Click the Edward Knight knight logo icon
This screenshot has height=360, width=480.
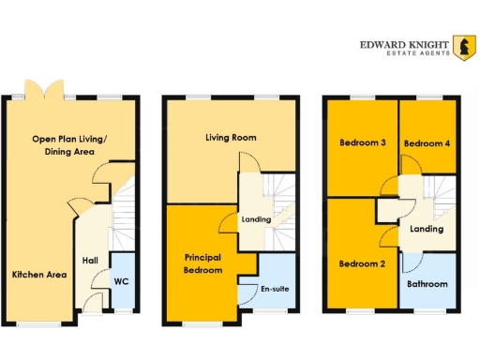462,46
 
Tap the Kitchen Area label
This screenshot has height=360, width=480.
38,275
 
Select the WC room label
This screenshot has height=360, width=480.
121,280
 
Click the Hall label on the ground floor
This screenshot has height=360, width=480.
90,261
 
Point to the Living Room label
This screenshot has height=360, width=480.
231,138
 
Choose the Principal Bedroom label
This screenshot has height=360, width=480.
203,263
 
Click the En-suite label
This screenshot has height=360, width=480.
275,288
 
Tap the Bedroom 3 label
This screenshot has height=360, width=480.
362,142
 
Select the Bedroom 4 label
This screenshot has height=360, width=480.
427,143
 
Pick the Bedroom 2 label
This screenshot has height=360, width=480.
362,263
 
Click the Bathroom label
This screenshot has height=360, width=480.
427,284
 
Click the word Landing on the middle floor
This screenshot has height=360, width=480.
256,220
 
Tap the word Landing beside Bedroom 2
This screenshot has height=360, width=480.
427,229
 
